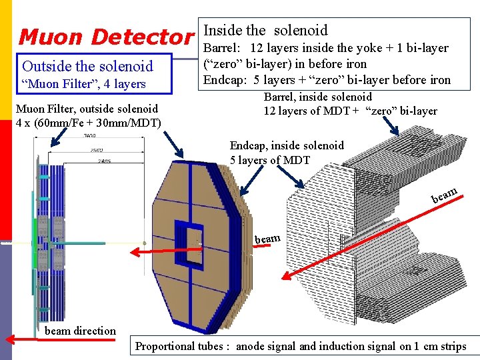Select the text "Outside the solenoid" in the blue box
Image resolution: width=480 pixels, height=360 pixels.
point(87,66)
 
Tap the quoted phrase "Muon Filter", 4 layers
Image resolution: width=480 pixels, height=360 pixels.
point(83,84)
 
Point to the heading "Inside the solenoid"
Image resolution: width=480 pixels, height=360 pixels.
point(265,30)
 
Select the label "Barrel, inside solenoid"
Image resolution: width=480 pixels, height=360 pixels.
point(318,97)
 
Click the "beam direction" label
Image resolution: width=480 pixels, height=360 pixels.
point(80,331)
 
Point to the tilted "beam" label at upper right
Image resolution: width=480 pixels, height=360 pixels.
point(444,195)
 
